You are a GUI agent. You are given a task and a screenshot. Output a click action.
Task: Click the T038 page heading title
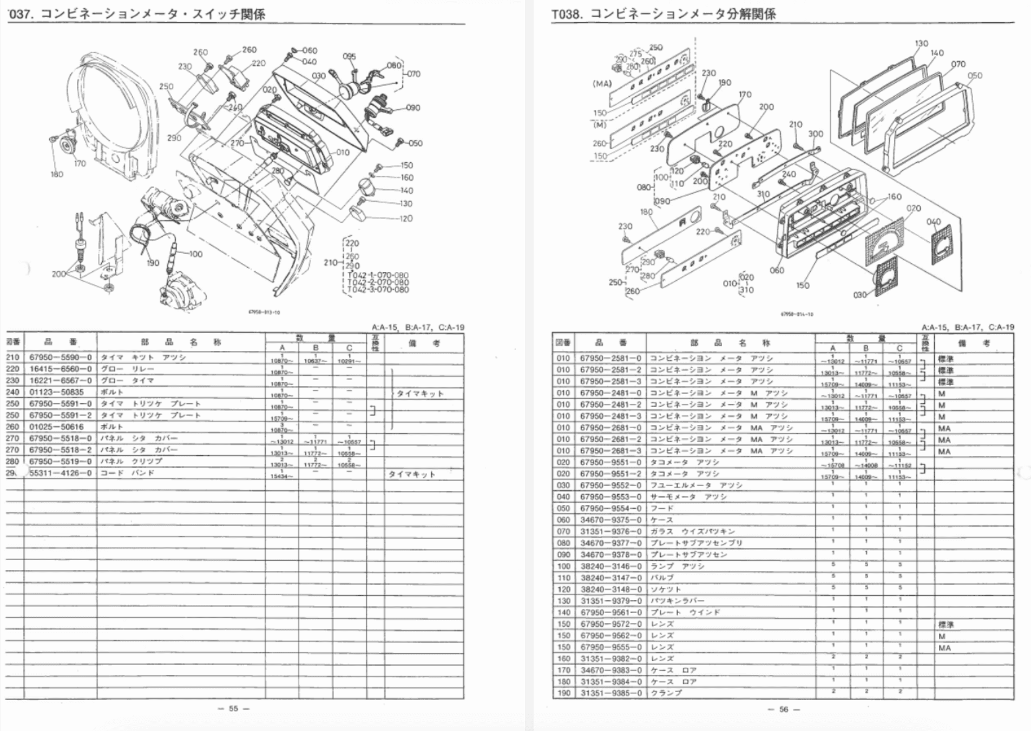[x=664, y=14]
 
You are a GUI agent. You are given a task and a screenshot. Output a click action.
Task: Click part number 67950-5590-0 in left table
[x=60, y=357]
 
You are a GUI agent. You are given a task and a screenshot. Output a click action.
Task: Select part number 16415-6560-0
[x=60, y=369]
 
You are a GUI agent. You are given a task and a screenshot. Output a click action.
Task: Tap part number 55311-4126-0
[x=60, y=473]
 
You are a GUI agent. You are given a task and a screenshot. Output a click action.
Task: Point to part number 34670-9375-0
[x=610, y=520]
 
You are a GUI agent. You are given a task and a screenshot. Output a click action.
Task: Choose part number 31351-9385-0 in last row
[x=610, y=693]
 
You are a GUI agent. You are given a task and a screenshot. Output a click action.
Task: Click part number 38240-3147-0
[x=610, y=578]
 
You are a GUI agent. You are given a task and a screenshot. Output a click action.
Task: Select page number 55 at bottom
[x=233, y=708]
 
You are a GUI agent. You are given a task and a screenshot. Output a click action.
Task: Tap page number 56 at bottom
[x=784, y=709]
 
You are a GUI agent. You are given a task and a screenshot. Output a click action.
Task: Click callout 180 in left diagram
[x=57, y=174]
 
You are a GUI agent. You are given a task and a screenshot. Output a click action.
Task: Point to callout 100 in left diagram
[x=195, y=254]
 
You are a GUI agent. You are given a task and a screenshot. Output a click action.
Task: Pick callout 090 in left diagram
[x=412, y=108]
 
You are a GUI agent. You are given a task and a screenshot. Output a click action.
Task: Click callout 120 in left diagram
[x=406, y=218]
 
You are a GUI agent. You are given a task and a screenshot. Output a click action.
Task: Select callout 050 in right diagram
[x=975, y=76]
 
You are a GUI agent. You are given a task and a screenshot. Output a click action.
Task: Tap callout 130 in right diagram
[x=921, y=43]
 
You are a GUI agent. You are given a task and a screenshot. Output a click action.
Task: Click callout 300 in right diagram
[x=816, y=134]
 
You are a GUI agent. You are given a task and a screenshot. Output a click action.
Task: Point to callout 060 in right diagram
[x=777, y=270]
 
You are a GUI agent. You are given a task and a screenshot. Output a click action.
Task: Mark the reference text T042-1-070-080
[x=378, y=275]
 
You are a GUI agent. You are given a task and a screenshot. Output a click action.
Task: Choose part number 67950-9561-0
[x=610, y=613]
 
